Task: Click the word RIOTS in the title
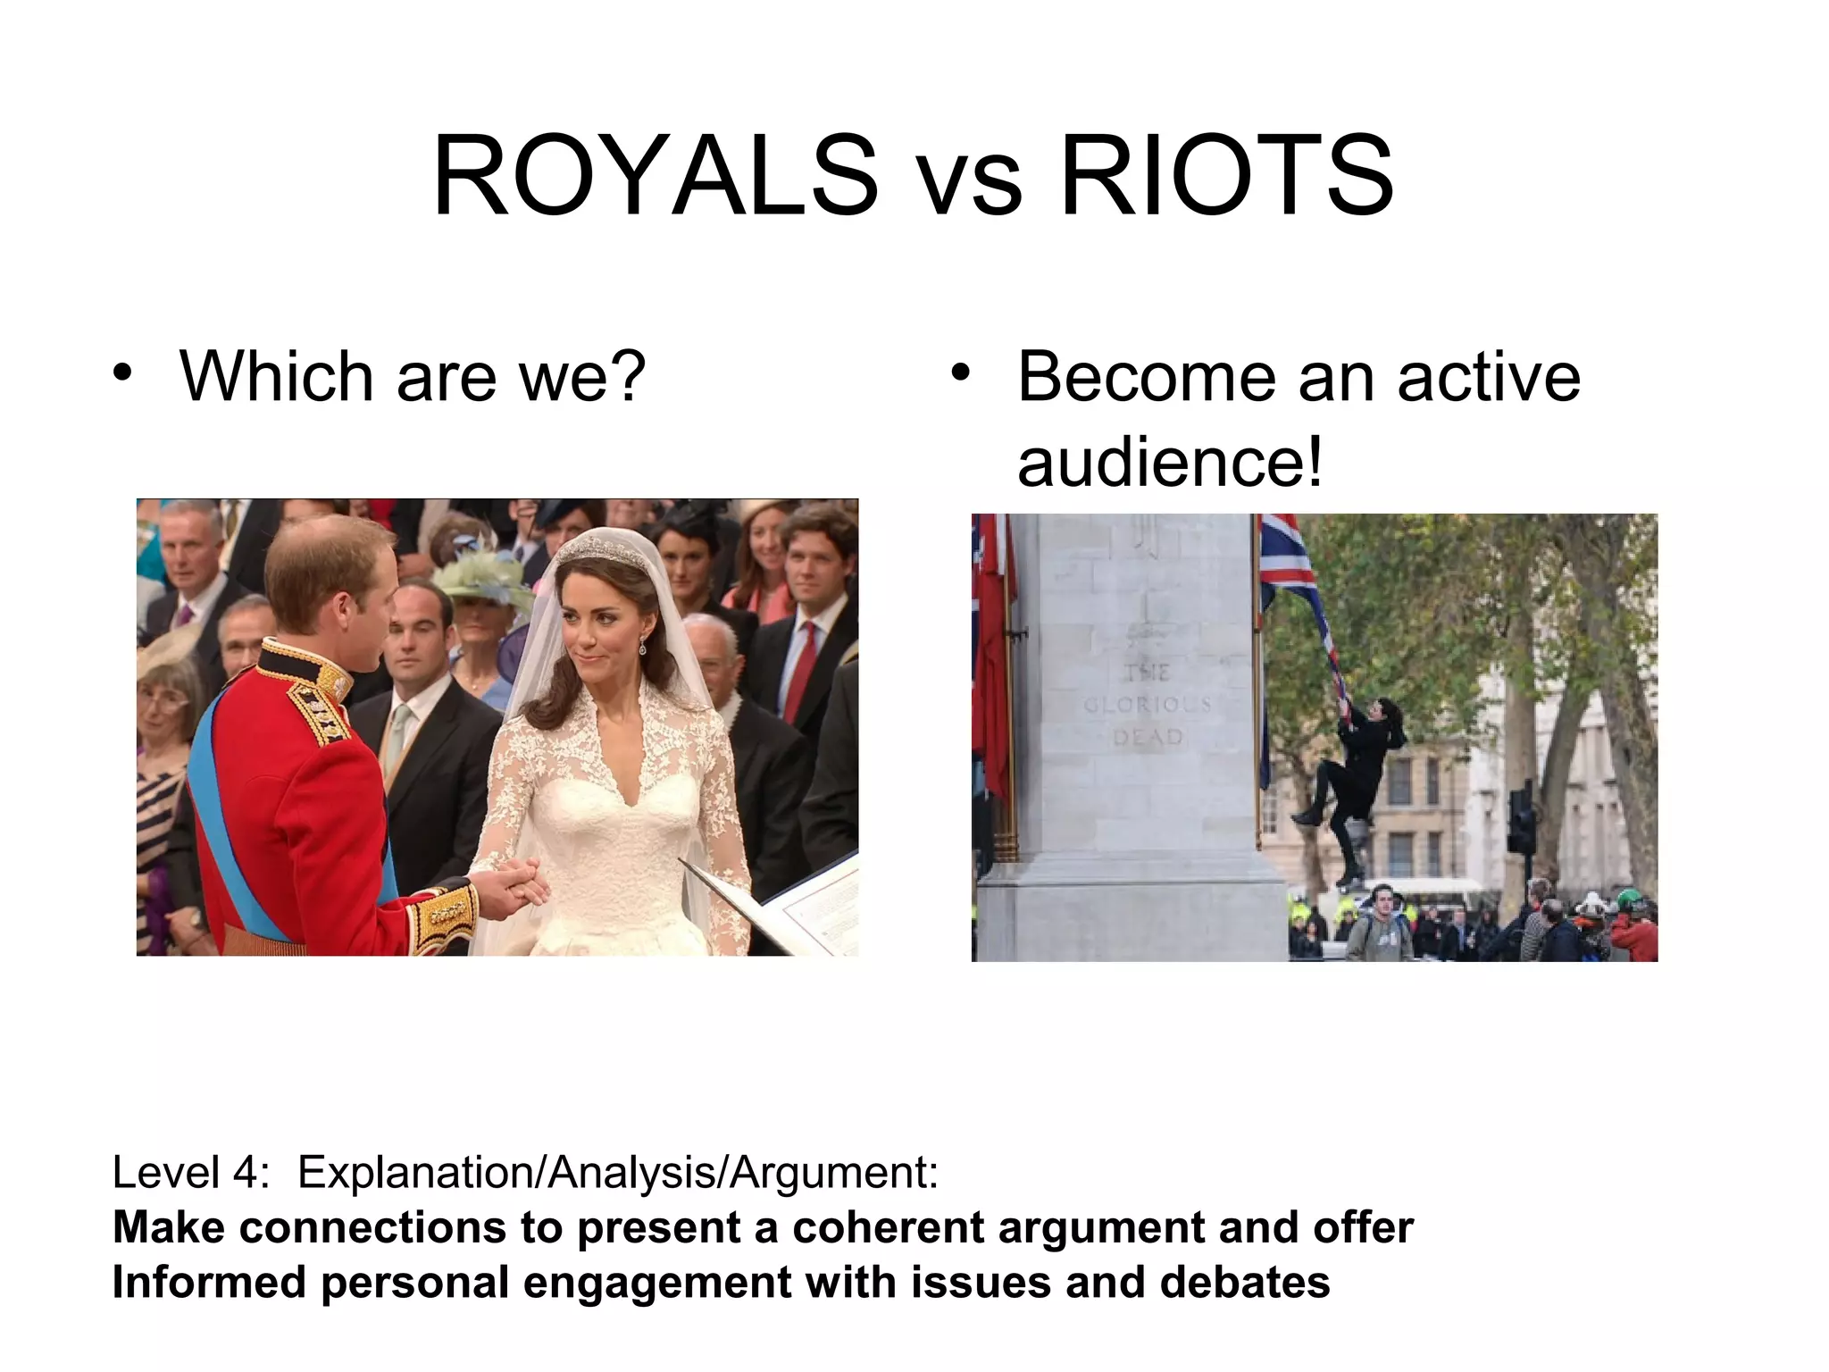click(1226, 176)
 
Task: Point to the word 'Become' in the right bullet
click(1146, 377)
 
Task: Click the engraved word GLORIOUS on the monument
click(1147, 705)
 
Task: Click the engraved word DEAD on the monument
click(1147, 737)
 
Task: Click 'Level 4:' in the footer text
click(190, 1172)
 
